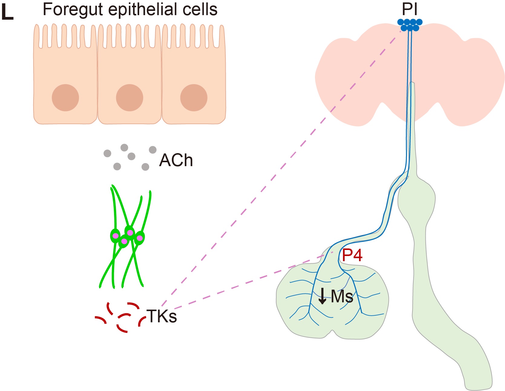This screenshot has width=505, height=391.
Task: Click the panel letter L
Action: [8, 13]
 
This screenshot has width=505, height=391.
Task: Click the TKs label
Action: [162, 316]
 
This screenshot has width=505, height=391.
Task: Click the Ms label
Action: [342, 296]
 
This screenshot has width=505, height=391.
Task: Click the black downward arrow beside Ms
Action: [323, 296]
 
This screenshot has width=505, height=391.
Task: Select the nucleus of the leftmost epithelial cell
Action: [65, 98]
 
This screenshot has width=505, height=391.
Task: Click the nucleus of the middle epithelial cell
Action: [130, 98]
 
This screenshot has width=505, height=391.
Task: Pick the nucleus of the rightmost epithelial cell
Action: [194, 98]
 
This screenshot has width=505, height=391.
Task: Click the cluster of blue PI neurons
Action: [410, 25]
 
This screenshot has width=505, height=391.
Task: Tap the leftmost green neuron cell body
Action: [115, 236]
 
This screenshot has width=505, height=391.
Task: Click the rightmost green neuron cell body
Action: [139, 238]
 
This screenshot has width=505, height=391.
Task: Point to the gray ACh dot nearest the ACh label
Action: [153, 149]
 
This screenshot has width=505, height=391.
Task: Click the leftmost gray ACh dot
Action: [107, 153]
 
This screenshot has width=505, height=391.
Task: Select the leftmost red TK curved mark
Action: [101, 319]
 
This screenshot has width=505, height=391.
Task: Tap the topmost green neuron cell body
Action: [130, 232]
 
